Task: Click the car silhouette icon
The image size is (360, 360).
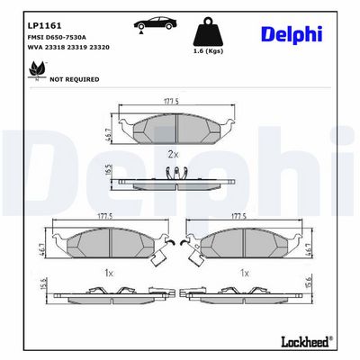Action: [x=152, y=22]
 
